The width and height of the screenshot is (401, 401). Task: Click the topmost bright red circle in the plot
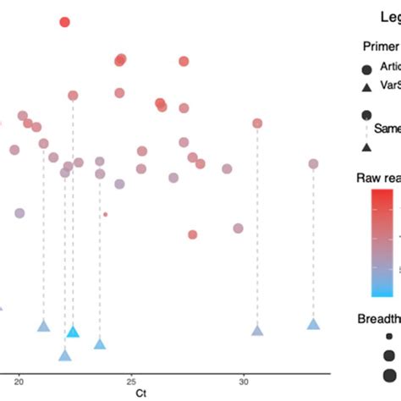tap(65, 22)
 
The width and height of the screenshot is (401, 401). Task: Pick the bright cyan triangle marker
tap(73, 332)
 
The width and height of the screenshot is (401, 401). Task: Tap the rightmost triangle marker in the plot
tap(313, 324)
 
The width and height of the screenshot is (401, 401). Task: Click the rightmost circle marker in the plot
tap(313, 164)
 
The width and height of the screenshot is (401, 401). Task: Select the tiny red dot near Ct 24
tap(105, 214)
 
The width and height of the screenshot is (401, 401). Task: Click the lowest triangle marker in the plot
tap(65, 355)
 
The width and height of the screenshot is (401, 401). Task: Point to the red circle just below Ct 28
tap(193, 234)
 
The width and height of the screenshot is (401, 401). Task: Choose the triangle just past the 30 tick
tap(257, 330)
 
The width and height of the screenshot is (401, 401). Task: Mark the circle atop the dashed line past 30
tap(257, 124)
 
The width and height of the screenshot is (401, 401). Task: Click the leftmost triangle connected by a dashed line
tap(43, 326)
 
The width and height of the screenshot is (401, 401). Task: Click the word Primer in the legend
tap(381, 47)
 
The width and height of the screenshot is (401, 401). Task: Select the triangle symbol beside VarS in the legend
tap(367, 86)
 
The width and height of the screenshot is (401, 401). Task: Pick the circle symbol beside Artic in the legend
tap(367, 69)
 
